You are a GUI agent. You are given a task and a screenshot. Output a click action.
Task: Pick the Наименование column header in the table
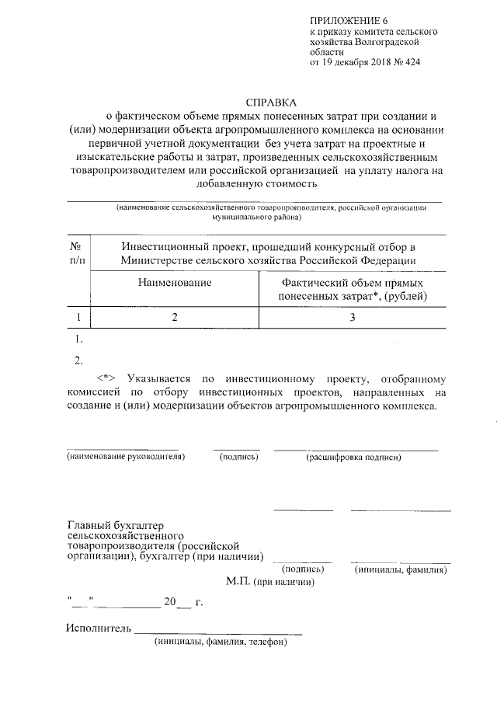coord(175,284)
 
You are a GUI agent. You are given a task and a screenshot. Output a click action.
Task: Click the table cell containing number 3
coord(352,317)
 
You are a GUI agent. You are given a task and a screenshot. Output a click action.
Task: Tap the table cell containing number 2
coord(175,317)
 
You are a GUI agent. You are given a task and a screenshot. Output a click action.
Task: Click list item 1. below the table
coord(78,339)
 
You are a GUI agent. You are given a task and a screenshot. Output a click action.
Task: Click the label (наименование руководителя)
coord(126,458)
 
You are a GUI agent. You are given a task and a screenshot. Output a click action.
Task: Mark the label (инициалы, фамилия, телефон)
coord(221,642)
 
